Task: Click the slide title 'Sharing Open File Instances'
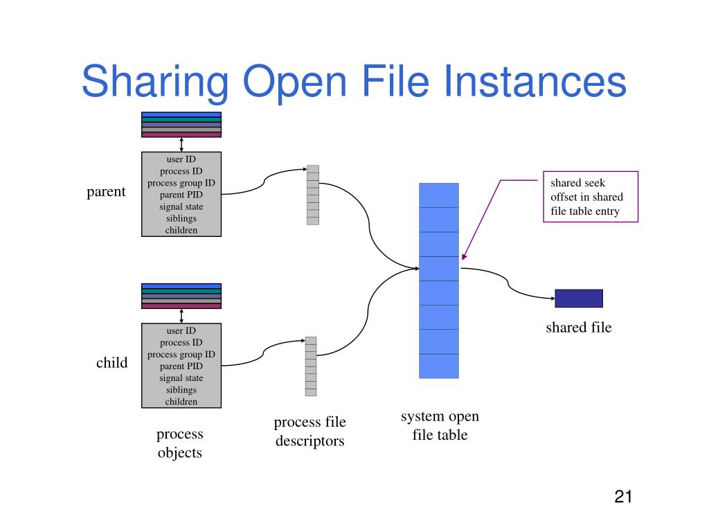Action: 354,82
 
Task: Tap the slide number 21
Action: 623,497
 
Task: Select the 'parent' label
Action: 106,192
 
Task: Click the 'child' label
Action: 111,362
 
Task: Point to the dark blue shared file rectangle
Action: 579,298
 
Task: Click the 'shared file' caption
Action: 579,328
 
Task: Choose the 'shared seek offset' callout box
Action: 590,197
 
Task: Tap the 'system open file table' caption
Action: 440,425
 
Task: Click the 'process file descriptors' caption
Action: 309,431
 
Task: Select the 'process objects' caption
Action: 179,443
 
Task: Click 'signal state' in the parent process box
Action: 181,206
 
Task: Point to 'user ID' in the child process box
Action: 181,330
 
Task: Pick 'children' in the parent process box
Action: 181,230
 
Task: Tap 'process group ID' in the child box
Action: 181,354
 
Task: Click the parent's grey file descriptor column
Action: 313,195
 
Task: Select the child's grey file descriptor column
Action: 311,366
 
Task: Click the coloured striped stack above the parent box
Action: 181,125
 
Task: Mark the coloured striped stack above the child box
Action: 181,296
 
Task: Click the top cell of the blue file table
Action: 439,195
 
